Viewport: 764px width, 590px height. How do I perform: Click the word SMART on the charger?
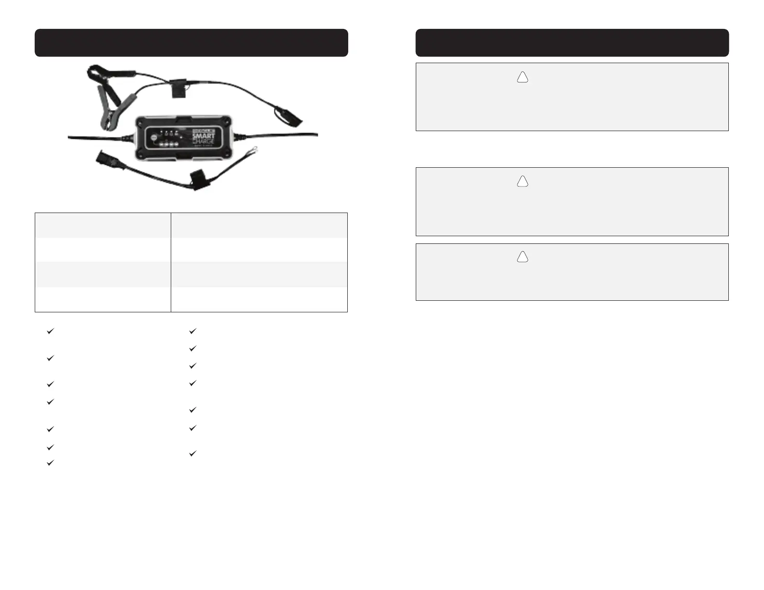(x=204, y=136)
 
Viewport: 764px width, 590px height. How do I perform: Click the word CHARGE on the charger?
(x=204, y=142)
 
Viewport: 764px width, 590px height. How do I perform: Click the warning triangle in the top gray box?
(x=522, y=78)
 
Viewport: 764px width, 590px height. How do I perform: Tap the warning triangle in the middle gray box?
(x=522, y=182)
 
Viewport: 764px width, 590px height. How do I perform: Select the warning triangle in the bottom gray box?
(x=522, y=257)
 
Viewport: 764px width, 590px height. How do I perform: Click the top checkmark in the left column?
(x=50, y=331)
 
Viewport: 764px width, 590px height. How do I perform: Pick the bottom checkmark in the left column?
(x=50, y=463)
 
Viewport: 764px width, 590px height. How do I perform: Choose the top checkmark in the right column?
(x=192, y=331)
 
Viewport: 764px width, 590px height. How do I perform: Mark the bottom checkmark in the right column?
(x=192, y=454)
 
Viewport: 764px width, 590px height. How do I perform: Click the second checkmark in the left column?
(x=50, y=359)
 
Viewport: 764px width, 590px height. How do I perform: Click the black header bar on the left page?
(x=191, y=43)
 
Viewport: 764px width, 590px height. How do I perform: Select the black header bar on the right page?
(x=572, y=43)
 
